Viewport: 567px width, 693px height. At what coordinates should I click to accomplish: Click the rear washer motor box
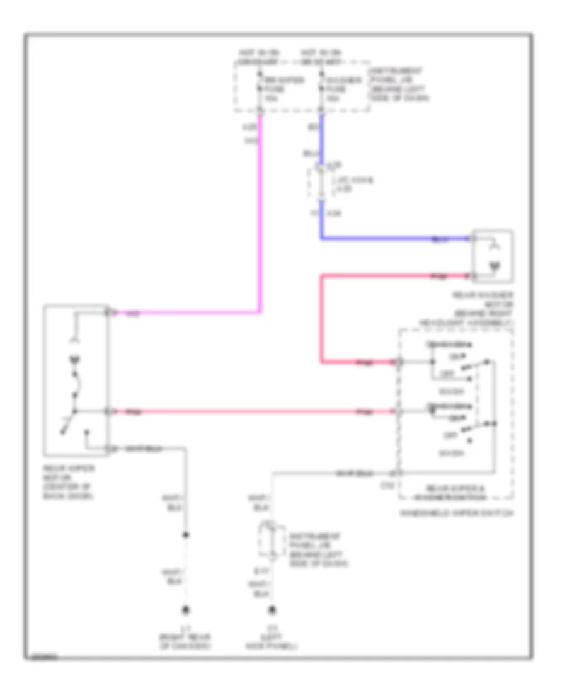pos(493,257)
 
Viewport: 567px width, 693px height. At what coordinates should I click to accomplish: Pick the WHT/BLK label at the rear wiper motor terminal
pos(140,449)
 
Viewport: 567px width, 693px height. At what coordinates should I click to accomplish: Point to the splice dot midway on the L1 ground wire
pos(186,536)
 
